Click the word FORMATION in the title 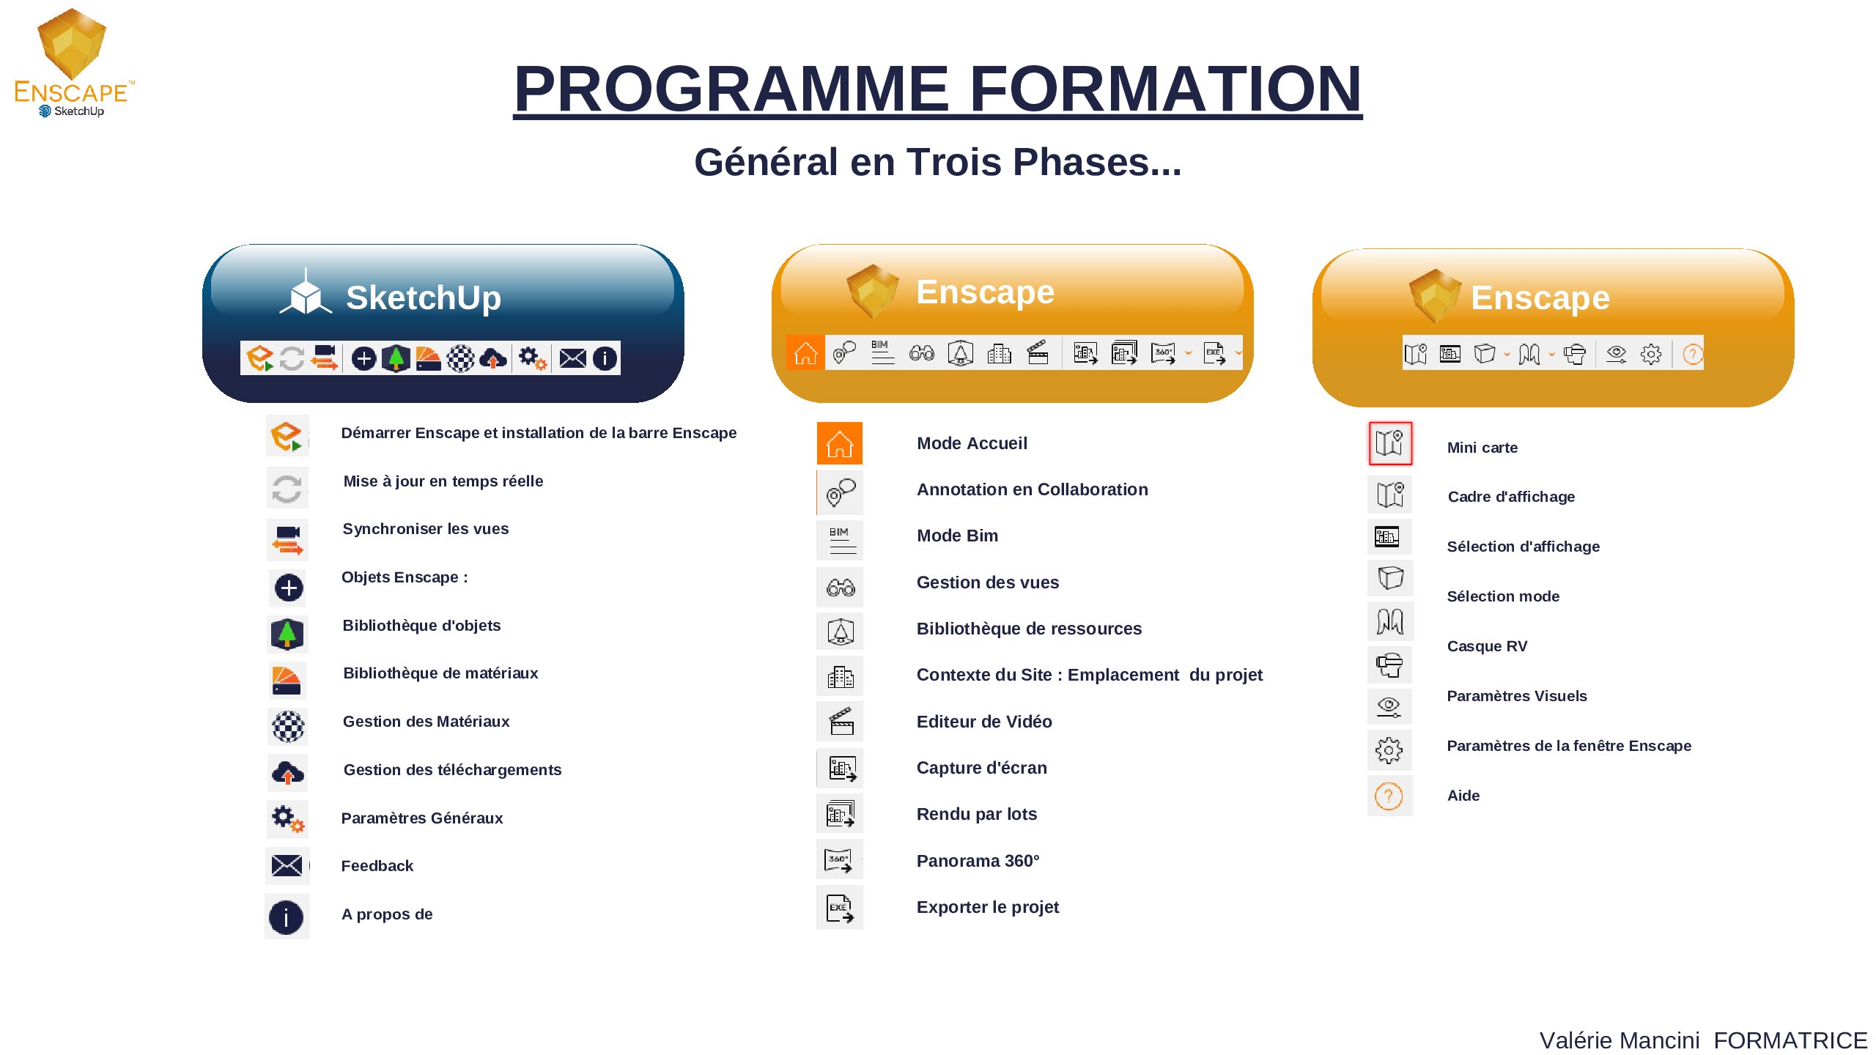1165,89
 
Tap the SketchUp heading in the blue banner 424,297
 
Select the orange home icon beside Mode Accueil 840,443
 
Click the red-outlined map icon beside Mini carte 1390,443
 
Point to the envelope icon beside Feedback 287,865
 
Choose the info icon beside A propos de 286,917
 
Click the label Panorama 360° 978,861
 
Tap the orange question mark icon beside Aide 1389,796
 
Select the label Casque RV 1487,646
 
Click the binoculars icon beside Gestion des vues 841,588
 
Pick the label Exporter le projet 987,907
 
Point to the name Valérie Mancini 1620,1040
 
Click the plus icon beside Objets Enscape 289,588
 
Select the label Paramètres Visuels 1517,696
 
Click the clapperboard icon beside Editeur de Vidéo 841,721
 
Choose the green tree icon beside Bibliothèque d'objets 287,634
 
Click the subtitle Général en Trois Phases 937,162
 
